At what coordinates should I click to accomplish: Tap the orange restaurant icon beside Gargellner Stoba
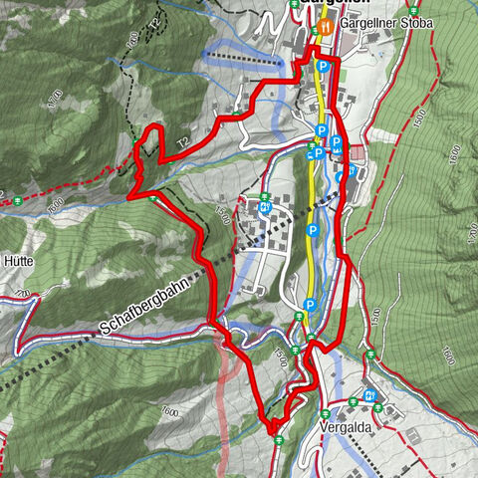(326, 22)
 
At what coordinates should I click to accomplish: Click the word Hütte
(18, 260)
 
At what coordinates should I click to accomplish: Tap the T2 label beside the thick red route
(183, 145)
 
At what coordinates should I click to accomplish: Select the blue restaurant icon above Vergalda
(370, 395)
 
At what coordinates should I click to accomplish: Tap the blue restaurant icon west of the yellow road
(265, 208)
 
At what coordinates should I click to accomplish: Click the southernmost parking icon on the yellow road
(310, 305)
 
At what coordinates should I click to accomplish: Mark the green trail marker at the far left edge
(19, 202)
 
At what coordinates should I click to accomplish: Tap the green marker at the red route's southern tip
(278, 439)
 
